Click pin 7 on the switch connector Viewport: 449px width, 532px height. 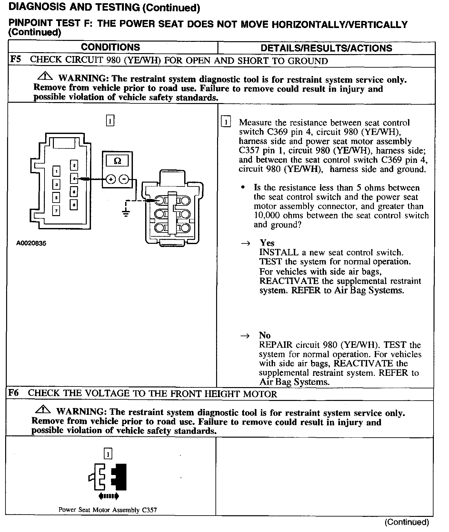tap(56, 211)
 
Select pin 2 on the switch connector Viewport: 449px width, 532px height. tap(74, 166)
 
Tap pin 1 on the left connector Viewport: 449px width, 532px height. tap(56, 171)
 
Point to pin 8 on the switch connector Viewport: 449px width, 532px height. tap(74, 204)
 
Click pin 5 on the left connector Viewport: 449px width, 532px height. tap(56, 197)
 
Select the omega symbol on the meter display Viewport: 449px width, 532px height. tap(117, 161)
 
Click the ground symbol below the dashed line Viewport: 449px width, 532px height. tap(126, 213)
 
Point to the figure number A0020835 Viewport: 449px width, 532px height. tap(31, 243)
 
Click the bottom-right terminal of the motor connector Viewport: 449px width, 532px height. tap(185, 228)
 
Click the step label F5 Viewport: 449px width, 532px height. tap(15, 60)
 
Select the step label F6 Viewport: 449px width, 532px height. tap(14, 393)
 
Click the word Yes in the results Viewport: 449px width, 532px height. tap(267, 243)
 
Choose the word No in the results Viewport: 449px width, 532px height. tap(264, 336)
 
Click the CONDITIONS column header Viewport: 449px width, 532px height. tap(110, 47)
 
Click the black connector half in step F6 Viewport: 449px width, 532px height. tap(120, 477)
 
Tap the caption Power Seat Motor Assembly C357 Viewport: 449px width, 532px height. tap(108, 510)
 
